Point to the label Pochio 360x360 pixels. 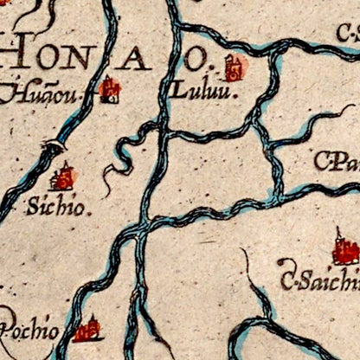30,331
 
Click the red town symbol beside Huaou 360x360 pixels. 109,88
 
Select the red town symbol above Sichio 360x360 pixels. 62,177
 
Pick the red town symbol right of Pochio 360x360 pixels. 87,330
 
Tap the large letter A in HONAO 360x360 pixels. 133,59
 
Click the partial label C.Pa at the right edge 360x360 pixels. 337,162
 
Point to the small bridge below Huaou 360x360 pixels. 56,146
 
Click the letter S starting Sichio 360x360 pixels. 33,208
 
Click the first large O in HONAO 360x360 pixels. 55,55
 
